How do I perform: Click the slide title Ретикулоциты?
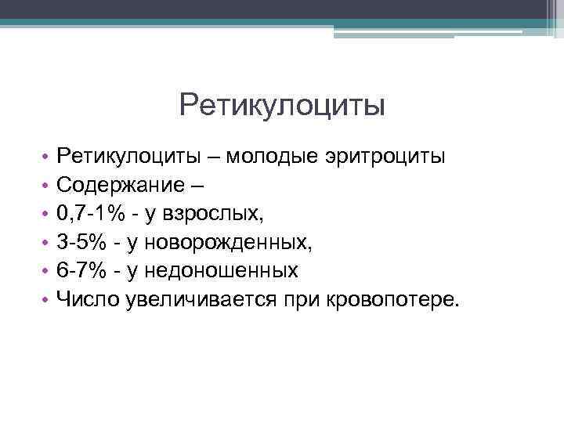(282, 105)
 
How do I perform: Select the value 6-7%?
(81, 270)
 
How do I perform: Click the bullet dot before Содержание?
(47, 186)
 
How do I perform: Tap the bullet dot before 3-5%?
(47, 244)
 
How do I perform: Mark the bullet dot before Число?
(47, 300)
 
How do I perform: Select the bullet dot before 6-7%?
(47, 272)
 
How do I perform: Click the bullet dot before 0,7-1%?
(47, 215)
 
